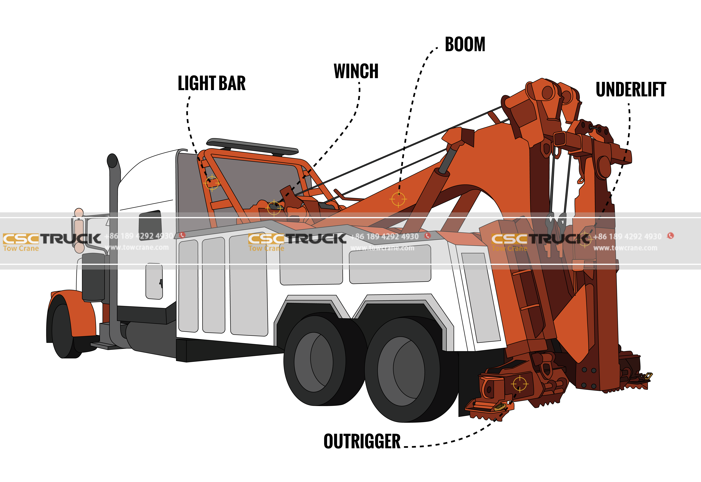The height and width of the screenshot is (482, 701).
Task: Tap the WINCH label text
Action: coord(356,71)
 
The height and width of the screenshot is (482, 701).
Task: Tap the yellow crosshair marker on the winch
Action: coord(274,208)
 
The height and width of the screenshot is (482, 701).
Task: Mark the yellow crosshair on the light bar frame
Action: coord(212,183)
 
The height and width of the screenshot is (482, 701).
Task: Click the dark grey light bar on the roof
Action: coord(252,147)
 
